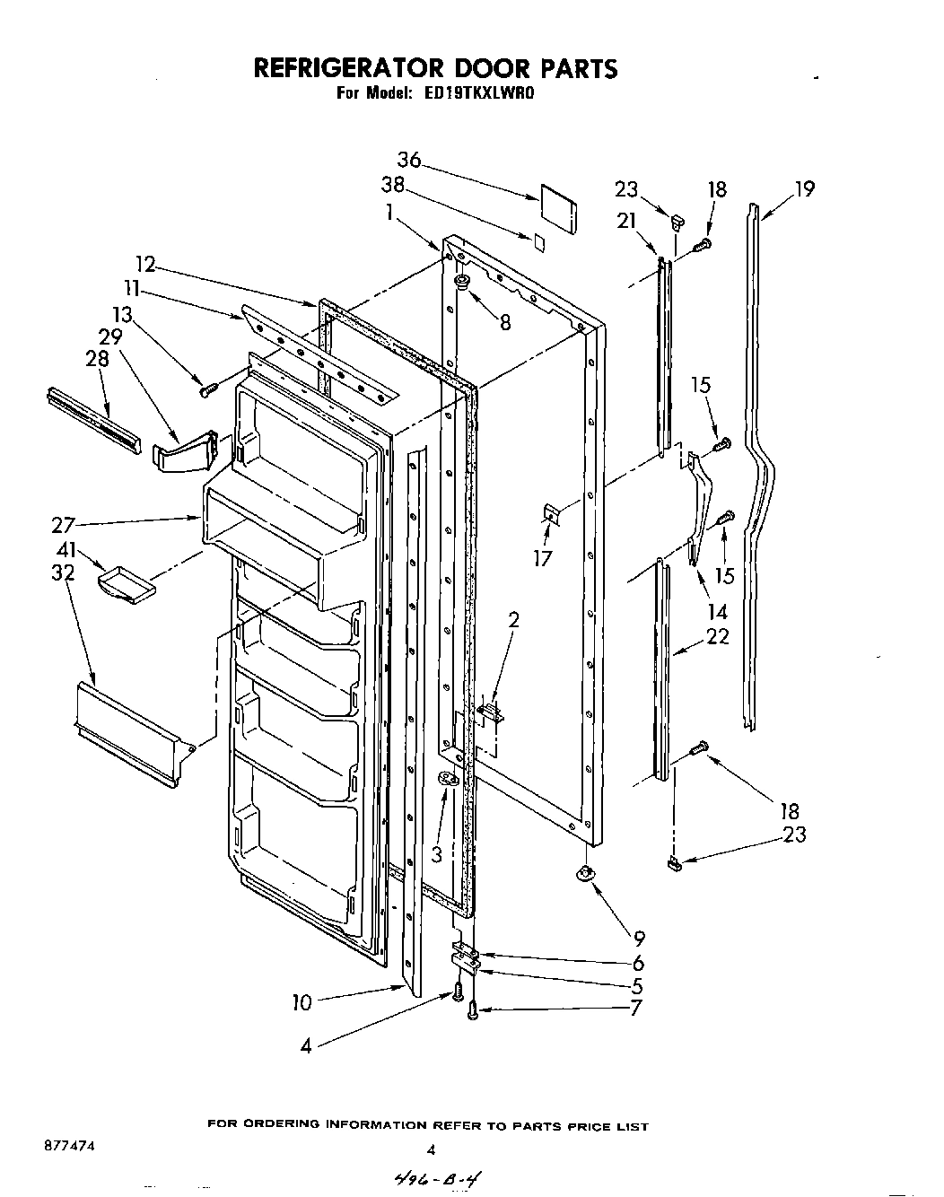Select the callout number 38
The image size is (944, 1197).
(x=392, y=186)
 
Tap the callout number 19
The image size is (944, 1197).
(x=804, y=189)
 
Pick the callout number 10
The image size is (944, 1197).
(x=303, y=1002)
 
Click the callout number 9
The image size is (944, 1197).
(x=638, y=939)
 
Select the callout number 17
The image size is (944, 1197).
(x=543, y=558)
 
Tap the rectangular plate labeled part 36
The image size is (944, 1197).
(x=557, y=207)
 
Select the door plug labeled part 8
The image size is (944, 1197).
(x=463, y=284)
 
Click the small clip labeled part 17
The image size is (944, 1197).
(x=551, y=513)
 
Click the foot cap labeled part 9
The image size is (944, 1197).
(x=587, y=873)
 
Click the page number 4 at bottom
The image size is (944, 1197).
(x=431, y=1149)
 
